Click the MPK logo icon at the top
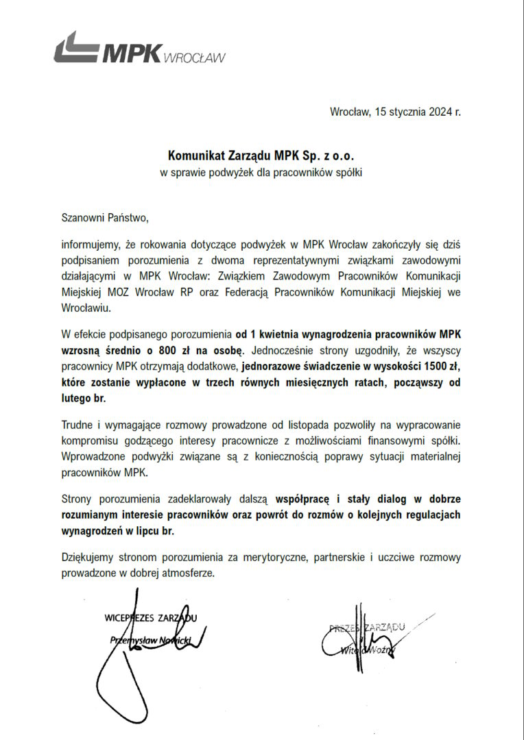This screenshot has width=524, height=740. click(x=75, y=49)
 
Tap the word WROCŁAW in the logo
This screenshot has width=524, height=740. click(x=195, y=58)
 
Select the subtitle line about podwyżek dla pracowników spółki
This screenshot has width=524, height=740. click(x=261, y=173)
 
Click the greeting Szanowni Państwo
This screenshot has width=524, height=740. click(x=104, y=219)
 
